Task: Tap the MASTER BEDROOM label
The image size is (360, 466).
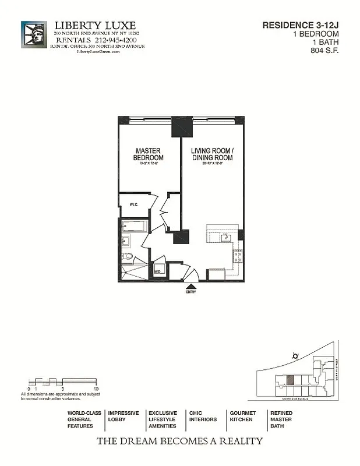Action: [x=148, y=154]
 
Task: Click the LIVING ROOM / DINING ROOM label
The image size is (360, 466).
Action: [x=212, y=154]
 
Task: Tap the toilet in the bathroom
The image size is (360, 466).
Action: [x=127, y=256]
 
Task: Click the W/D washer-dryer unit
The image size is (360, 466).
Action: [x=157, y=271]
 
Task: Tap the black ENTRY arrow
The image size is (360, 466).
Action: [x=190, y=285]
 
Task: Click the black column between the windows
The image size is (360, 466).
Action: [x=182, y=127]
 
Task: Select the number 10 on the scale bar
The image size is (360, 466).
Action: [x=96, y=388]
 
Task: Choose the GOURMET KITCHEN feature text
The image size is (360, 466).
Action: [x=242, y=416]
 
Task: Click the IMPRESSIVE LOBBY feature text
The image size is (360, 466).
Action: [x=123, y=416]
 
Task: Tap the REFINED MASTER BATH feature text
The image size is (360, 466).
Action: [x=281, y=419]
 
